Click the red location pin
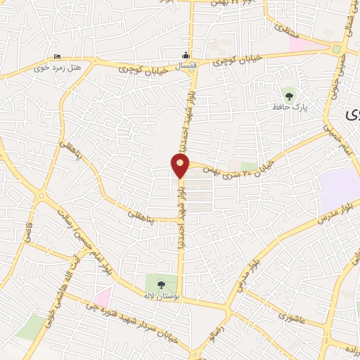[x=180, y=166]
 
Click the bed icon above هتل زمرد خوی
[x=58, y=58]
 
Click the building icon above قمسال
[x=185, y=55]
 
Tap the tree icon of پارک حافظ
[x=288, y=94]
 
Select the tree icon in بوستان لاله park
[x=162, y=285]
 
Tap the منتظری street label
[x=281, y=30]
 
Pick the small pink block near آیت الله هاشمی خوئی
[x=103, y=297]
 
